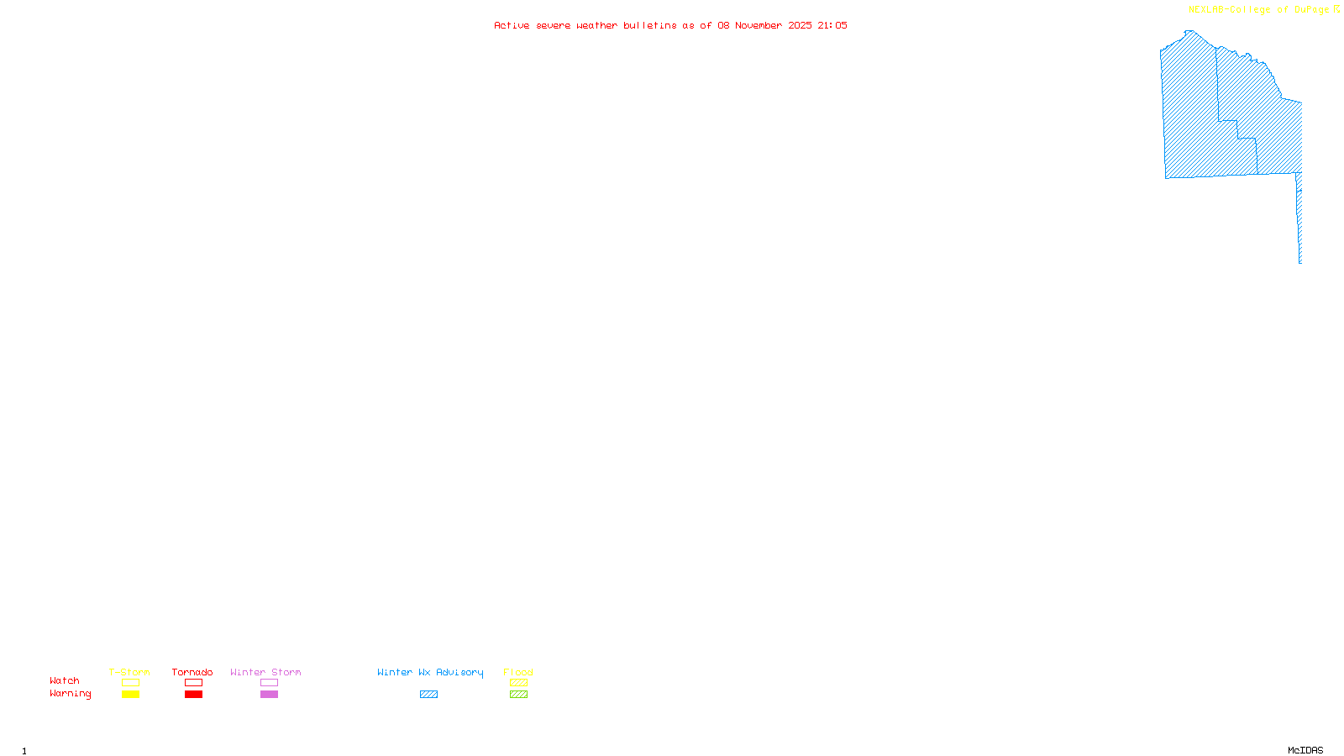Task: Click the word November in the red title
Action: click(x=759, y=25)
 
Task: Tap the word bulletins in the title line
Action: click(x=649, y=25)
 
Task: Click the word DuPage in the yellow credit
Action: click(x=1311, y=9)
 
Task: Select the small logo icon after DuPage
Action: click(x=1336, y=9)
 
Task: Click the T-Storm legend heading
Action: click(x=129, y=672)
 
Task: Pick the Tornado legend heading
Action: click(x=192, y=672)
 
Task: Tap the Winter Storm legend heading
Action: click(x=265, y=672)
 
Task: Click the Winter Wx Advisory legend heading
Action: click(x=430, y=672)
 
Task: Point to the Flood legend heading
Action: click(x=518, y=672)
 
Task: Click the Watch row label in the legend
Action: click(x=65, y=680)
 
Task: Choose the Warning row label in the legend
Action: click(x=70, y=694)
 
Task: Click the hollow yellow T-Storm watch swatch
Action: click(x=130, y=683)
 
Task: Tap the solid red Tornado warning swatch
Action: click(x=193, y=695)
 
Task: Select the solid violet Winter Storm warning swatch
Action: click(x=269, y=695)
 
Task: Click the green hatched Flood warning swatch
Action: click(x=518, y=695)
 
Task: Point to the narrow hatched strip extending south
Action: click(x=1299, y=218)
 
